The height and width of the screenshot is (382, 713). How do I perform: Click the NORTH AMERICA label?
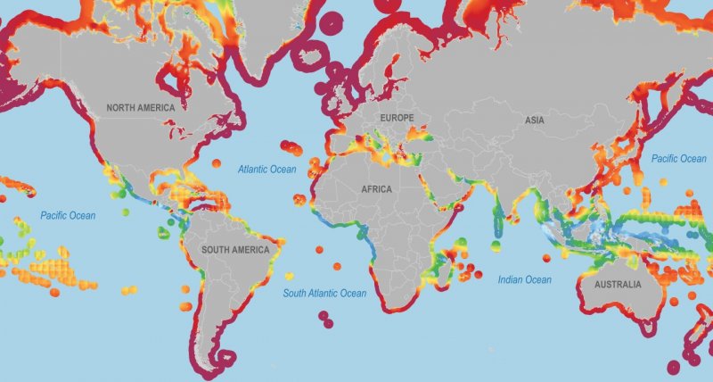click(141, 107)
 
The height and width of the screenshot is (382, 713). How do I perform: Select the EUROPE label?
click(397, 118)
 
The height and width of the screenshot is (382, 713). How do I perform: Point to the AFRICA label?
click(376, 189)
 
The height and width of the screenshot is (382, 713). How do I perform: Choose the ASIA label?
click(535, 119)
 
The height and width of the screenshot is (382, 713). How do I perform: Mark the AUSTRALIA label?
click(611, 285)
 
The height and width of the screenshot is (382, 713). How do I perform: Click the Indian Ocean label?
click(525, 279)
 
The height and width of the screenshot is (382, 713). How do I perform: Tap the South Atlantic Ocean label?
click(324, 294)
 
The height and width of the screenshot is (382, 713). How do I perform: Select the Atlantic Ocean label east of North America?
click(266, 169)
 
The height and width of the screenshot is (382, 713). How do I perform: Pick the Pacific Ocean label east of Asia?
click(678, 159)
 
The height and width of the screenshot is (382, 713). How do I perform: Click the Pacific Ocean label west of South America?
click(68, 215)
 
